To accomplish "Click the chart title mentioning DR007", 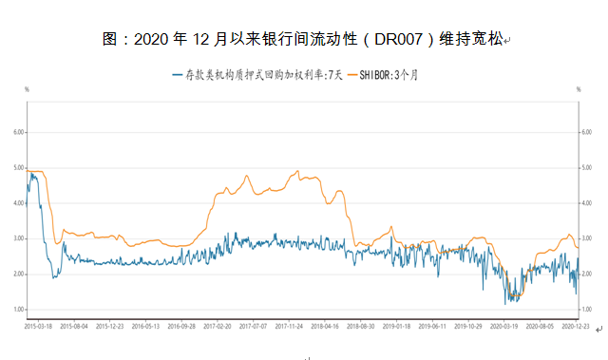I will (x=303, y=40).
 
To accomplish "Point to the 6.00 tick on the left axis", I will (x=16, y=132).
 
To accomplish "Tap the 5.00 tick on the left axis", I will (x=16, y=168).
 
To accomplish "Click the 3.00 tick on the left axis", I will (x=16, y=238).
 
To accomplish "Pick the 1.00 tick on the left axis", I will (x=16, y=310).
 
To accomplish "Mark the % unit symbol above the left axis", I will (x=27, y=88).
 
